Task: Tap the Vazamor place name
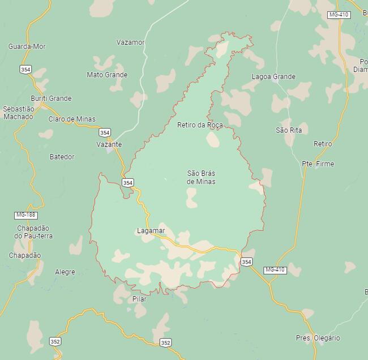click(x=130, y=42)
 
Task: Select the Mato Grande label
click(x=107, y=75)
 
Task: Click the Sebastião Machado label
click(x=19, y=113)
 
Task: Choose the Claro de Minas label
click(x=72, y=119)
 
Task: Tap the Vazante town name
click(x=109, y=144)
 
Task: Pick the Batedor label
click(x=62, y=157)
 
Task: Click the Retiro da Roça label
click(x=200, y=125)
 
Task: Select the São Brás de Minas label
click(x=201, y=177)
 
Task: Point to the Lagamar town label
click(x=151, y=231)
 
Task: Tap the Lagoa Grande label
click(x=273, y=77)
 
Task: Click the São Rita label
click(x=289, y=130)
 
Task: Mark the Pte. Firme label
click(x=318, y=164)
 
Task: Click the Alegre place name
click(x=65, y=272)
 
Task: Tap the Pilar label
click(x=139, y=299)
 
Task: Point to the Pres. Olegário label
click(x=318, y=338)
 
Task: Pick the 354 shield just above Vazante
click(x=105, y=132)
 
